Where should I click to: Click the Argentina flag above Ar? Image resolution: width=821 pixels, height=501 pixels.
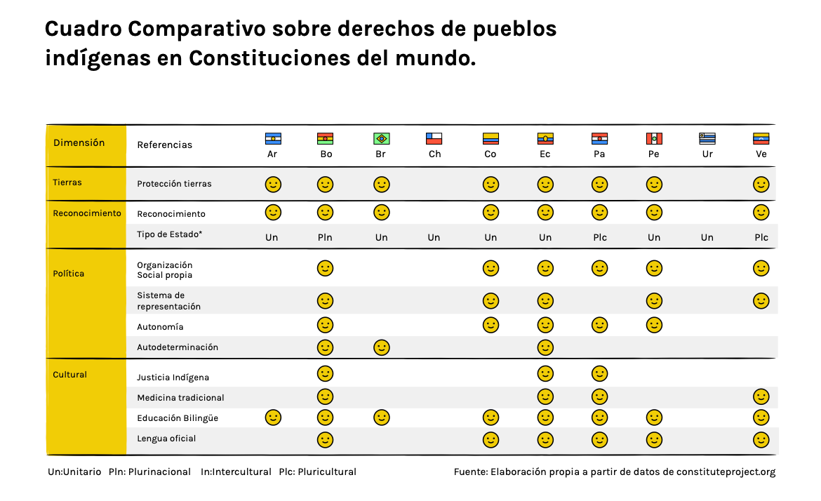pyautogui.click(x=273, y=139)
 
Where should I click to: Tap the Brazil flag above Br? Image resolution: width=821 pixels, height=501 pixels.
pyautogui.click(x=382, y=139)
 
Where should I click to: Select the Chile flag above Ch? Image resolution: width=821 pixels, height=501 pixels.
pyautogui.click(x=435, y=139)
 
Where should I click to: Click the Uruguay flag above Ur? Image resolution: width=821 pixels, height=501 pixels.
pyautogui.click(x=707, y=139)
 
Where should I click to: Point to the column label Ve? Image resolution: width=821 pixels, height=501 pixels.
pyautogui.click(x=761, y=154)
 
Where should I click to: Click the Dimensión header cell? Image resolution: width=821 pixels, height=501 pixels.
pyautogui.click(x=79, y=143)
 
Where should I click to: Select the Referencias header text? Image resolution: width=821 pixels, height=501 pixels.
pyautogui.click(x=164, y=145)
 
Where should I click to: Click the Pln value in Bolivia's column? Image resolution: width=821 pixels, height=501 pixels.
pyautogui.click(x=325, y=238)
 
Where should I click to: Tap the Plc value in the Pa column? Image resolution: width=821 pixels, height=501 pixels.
pyautogui.click(x=600, y=238)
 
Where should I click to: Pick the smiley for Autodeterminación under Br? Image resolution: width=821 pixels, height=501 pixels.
pyautogui.click(x=382, y=347)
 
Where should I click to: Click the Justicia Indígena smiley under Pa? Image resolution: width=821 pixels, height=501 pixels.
pyautogui.click(x=599, y=373)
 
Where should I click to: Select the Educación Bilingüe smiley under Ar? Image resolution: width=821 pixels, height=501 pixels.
pyautogui.click(x=273, y=417)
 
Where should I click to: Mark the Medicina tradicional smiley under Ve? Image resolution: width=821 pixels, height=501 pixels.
pyautogui.click(x=761, y=396)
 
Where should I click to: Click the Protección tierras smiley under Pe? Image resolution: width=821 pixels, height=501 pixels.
pyautogui.click(x=654, y=185)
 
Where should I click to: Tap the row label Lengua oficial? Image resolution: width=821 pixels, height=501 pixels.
pyautogui.click(x=166, y=439)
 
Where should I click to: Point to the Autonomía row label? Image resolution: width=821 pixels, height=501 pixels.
pyautogui.click(x=160, y=327)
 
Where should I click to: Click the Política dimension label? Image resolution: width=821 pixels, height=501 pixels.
pyautogui.click(x=69, y=274)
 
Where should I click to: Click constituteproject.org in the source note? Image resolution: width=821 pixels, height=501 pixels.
pyautogui.click(x=726, y=472)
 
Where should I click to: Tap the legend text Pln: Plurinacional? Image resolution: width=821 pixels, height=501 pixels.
pyautogui.click(x=149, y=472)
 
